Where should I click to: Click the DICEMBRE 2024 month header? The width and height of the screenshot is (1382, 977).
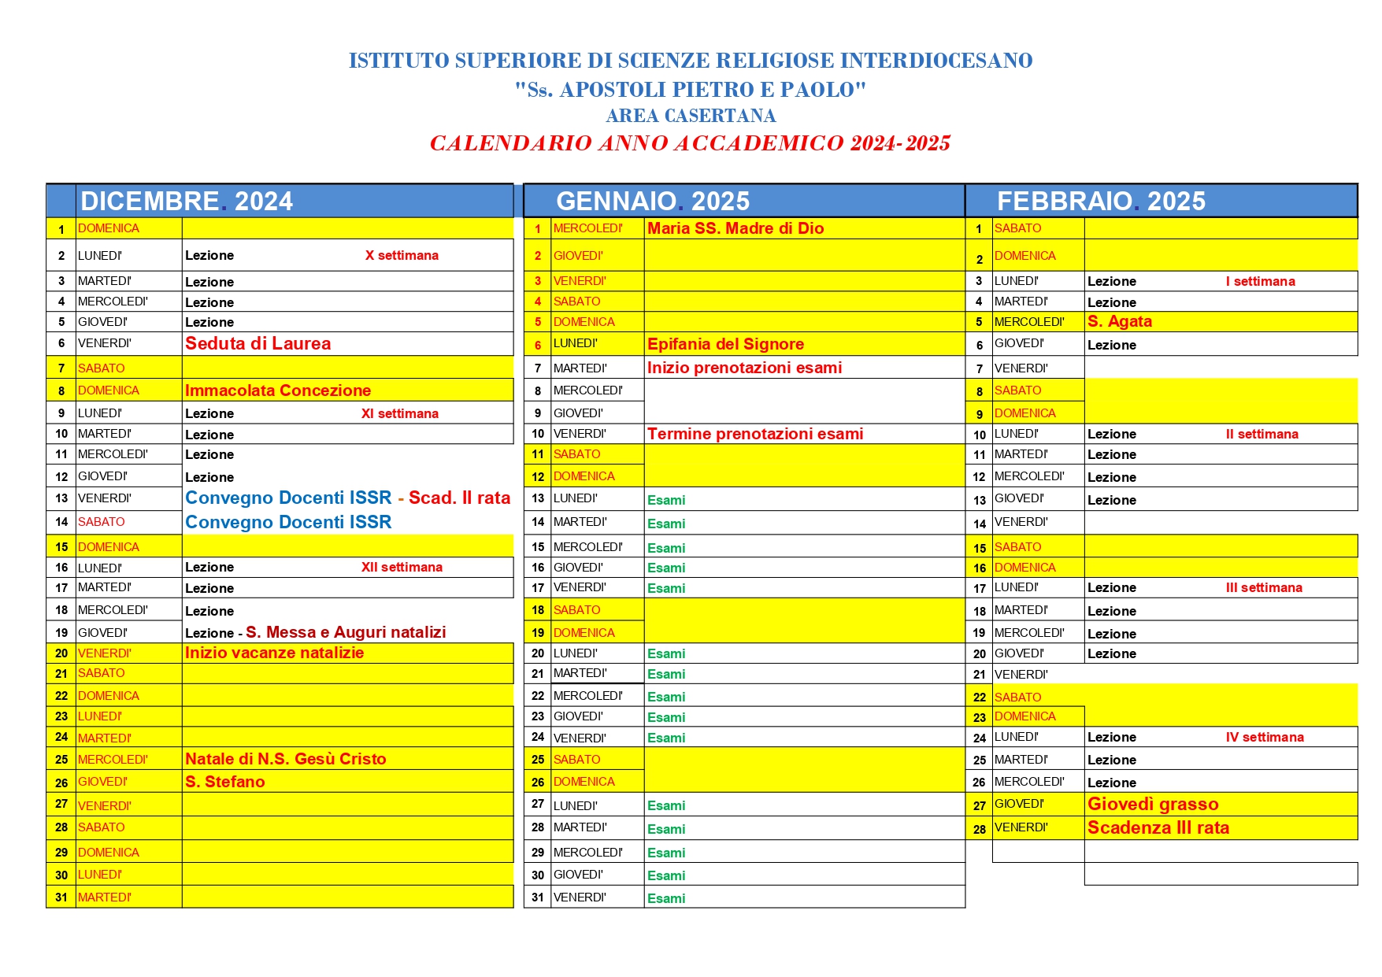(187, 201)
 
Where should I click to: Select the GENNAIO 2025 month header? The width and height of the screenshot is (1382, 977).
(653, 201)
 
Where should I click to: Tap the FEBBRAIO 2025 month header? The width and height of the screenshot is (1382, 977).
(1101, 201)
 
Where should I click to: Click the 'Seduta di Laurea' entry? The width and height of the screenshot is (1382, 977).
(258, 343)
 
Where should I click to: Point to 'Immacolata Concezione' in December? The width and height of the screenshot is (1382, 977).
(277, 390)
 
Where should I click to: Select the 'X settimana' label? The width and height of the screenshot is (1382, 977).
(402, 255)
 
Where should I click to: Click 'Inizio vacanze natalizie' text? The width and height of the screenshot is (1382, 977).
(274, 653)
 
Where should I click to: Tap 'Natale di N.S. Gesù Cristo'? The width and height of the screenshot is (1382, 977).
(285, 759)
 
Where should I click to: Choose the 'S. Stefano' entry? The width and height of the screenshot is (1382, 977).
(224, 782)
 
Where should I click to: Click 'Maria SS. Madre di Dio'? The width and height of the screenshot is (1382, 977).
(735, 228)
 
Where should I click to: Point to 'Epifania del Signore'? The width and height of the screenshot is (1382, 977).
(725, 344)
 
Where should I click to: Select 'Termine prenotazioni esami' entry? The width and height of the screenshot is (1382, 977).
(754, 434)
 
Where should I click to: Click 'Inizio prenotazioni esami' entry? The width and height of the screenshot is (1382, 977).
(744, 368)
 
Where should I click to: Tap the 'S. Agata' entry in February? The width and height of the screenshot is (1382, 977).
(1119, 321)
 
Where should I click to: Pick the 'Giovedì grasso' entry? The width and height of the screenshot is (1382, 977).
(1153, 804)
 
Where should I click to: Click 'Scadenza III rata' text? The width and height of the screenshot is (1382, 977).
(1158, 827)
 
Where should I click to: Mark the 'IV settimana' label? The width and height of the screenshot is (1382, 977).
(1264, 737)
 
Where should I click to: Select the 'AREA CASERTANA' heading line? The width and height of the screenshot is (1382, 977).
(691, 116)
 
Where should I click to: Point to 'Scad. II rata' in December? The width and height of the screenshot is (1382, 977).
(459, 498)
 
